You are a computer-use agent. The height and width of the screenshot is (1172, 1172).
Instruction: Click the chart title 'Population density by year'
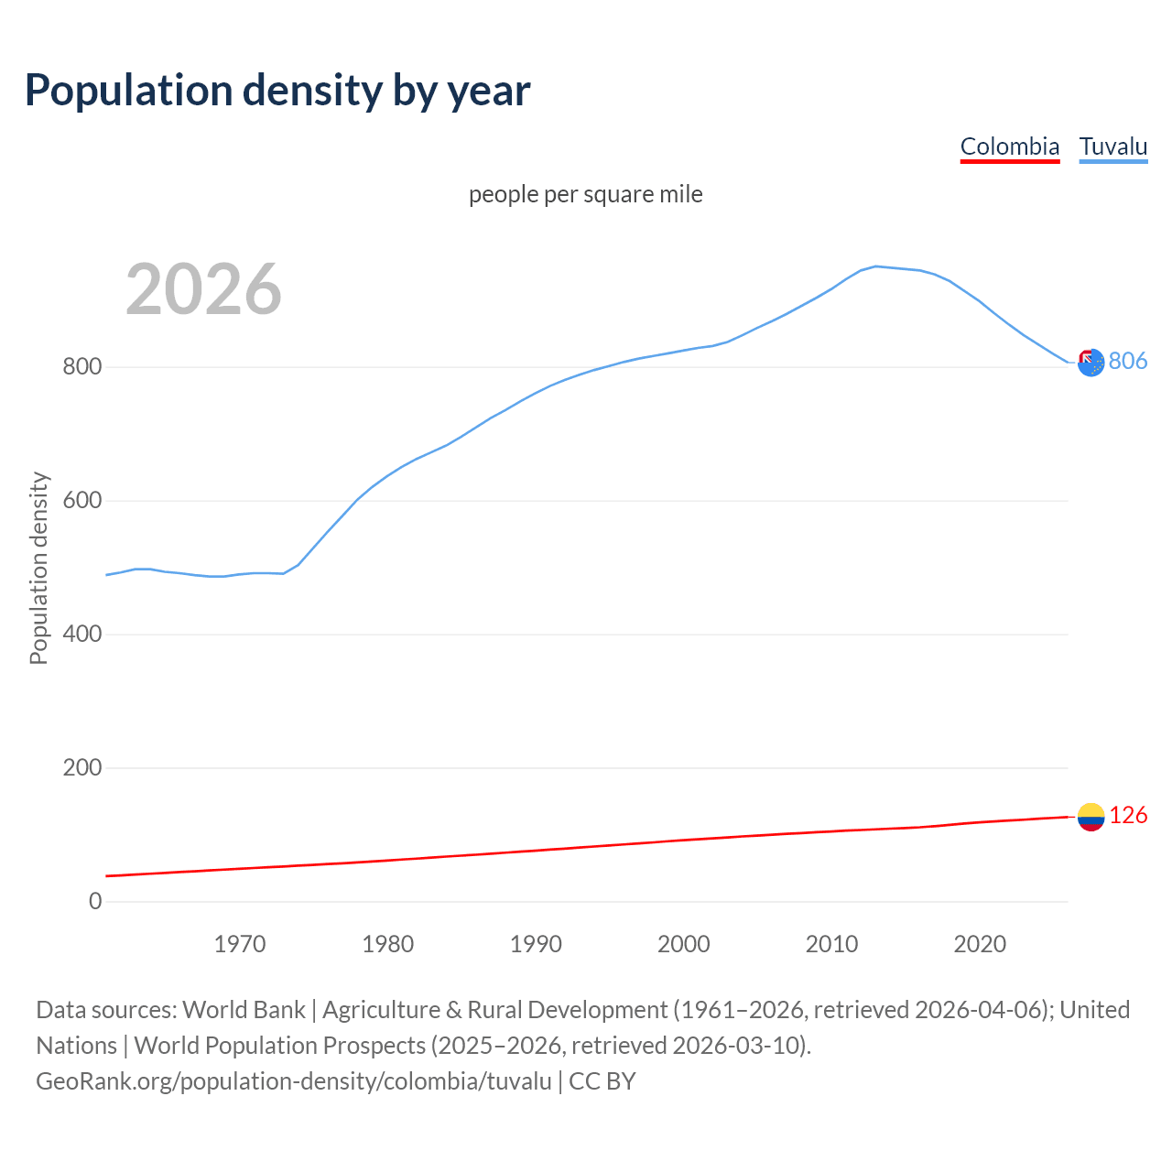pos(277,90)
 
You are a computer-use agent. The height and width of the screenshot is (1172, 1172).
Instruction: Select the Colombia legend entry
pos(1009,146)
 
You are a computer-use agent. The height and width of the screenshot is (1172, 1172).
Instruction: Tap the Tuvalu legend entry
pos(1112,146)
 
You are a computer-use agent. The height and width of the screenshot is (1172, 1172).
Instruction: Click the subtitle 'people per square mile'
pos(586,194)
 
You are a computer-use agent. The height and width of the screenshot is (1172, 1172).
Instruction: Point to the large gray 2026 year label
pos(203,289)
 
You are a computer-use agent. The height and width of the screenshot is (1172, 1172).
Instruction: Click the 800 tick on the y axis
pos(81,367)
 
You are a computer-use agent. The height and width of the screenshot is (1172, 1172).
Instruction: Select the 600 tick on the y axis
pos(81,501)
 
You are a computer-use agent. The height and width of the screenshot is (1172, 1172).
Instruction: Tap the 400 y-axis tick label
pos(81,635)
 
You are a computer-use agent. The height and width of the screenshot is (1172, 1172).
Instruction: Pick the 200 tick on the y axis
pos(81,768)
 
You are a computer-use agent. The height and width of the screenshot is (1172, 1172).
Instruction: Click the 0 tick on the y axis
pos(95,902)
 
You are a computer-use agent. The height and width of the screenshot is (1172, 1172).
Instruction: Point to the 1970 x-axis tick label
pos(240,944)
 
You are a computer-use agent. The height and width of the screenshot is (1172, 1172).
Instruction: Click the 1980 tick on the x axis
pos(388,944)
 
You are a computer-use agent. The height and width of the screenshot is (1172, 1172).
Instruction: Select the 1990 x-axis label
pos(536,944)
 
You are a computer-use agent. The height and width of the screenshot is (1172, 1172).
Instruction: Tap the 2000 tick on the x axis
pos(684,944)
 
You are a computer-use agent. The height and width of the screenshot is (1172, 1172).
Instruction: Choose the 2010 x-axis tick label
pos(831,944)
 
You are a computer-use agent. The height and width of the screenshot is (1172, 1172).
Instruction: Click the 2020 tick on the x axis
pos(980,944)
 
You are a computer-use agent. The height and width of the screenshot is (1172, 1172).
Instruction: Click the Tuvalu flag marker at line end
pos(1091,363)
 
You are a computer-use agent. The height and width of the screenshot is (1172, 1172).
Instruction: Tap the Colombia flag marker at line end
pos(1091,817)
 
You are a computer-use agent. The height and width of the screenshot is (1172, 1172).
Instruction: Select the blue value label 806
pos(1128,362)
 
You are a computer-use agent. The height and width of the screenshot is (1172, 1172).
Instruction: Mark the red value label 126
pos(1128,816)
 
